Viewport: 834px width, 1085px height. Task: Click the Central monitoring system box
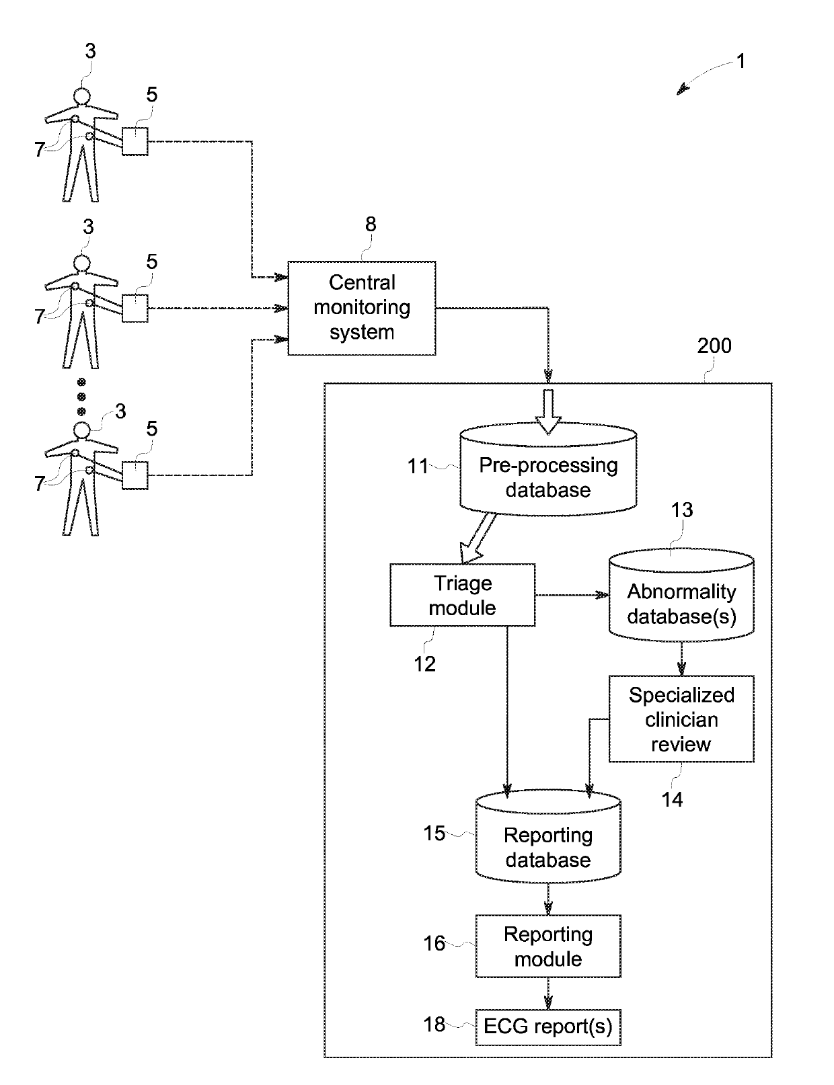[362, 308]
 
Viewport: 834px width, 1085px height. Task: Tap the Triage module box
[463, 596]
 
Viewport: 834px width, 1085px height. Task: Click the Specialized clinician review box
[681, 719]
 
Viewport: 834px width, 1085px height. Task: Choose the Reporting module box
[547, 946]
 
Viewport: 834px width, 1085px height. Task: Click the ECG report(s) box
[547, 1027]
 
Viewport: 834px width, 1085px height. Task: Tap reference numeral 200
[714, 346]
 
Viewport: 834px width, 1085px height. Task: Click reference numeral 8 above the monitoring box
[371, 225]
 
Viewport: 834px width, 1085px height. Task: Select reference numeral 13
[682, 510]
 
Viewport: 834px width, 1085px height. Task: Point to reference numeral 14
[672, 799]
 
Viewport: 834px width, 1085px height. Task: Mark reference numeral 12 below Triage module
[424, 664]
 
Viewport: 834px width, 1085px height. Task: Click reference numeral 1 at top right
[741, 62]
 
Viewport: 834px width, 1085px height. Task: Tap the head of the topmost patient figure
[81, 96]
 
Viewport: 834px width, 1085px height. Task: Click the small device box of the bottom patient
[135, 475]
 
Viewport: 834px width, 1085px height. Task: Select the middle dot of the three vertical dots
[81, 396]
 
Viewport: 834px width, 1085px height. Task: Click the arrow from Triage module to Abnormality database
[572, 595]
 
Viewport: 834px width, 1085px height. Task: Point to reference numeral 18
[434, 1024]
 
